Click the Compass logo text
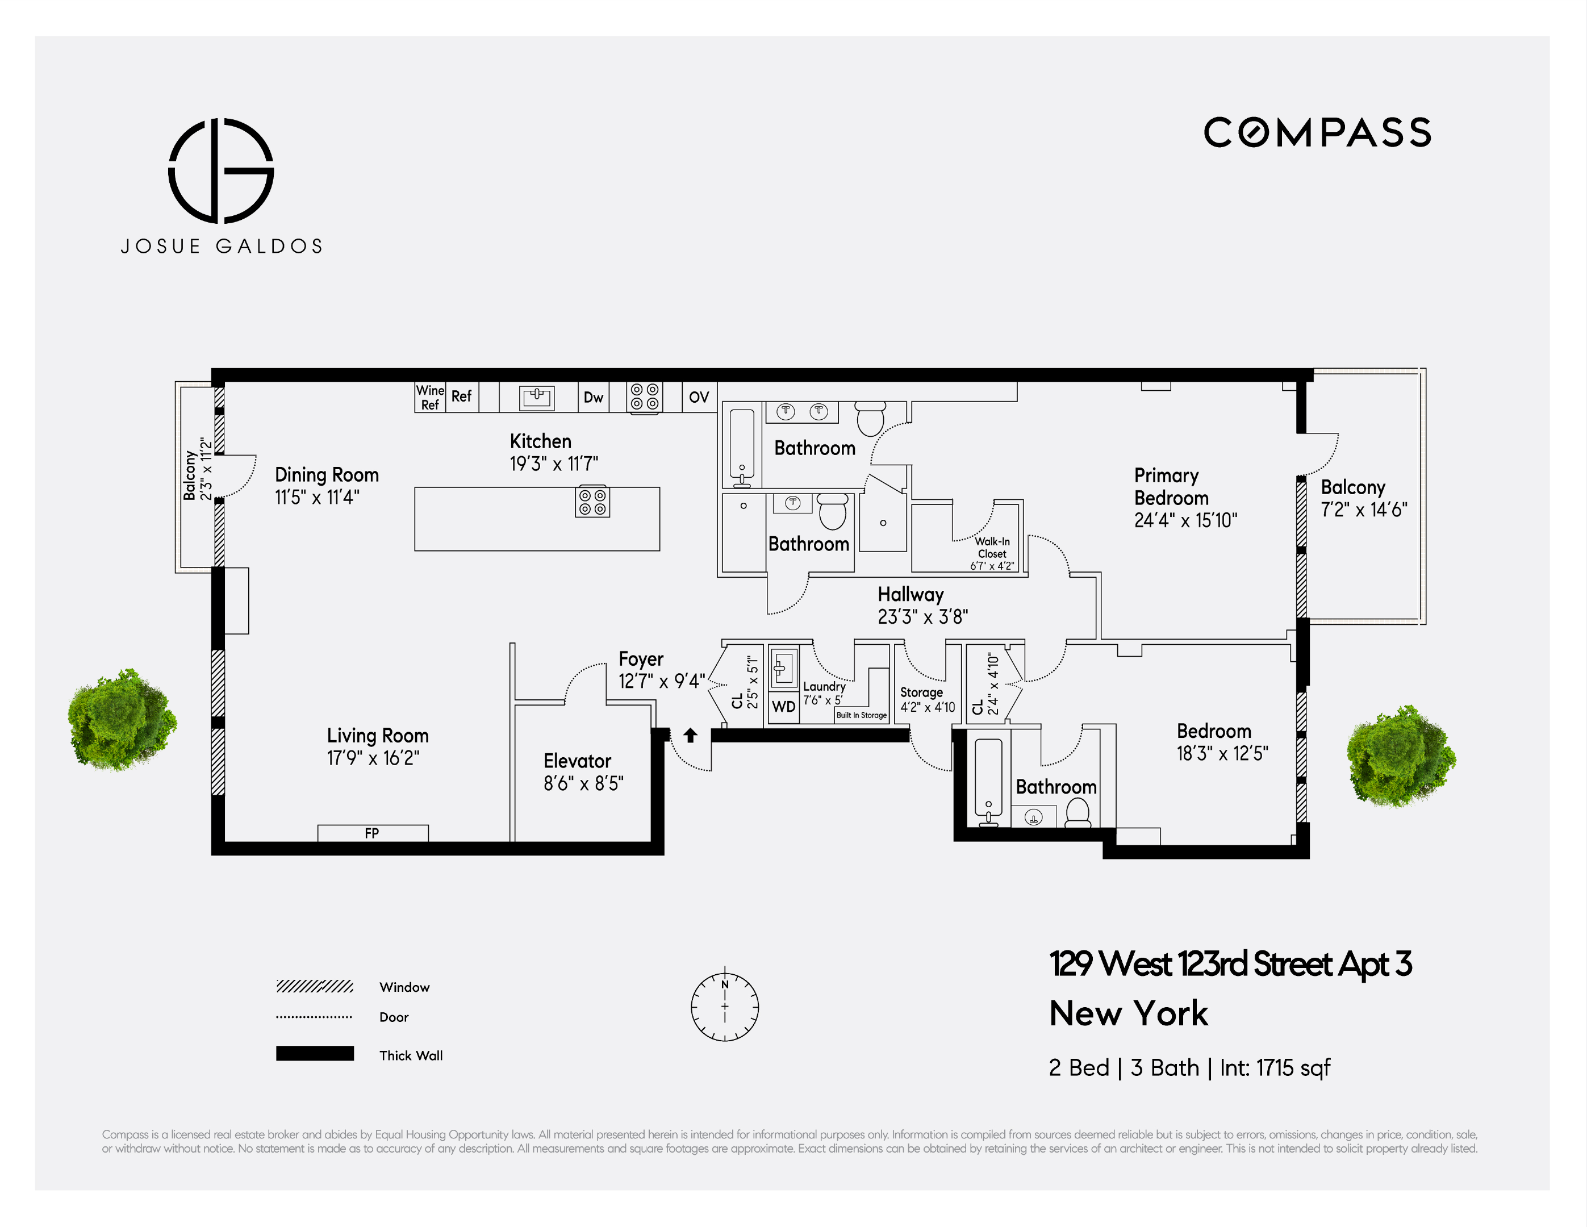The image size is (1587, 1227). click(x=1317, y=133)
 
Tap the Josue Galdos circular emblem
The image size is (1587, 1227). click(x=221, y=171)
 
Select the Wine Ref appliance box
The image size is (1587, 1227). click(x=429, y=398)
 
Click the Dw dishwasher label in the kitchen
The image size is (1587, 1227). click(x=593, y=398)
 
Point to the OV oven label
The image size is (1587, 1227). click(x=698, y=398)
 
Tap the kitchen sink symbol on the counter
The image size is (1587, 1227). click(x=536, y=397)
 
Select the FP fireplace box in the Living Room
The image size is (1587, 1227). click(x=372, y=833)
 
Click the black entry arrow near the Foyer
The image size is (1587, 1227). click(x=690, y=736)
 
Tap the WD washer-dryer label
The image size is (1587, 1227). click(x=783, y=707)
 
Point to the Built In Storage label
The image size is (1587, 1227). click(x=861, y=715)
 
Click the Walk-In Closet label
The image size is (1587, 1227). click(x=992, y=548)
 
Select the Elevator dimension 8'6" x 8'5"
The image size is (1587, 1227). click(x=583, y=783)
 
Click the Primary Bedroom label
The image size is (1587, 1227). click(x=1171, y=486)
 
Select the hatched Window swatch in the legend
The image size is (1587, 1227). click(x=315, y=986)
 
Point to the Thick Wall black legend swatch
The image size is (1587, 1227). click(x=315, y=1054)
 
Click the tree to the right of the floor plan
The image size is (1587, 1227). click(x=1400, y=757)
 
